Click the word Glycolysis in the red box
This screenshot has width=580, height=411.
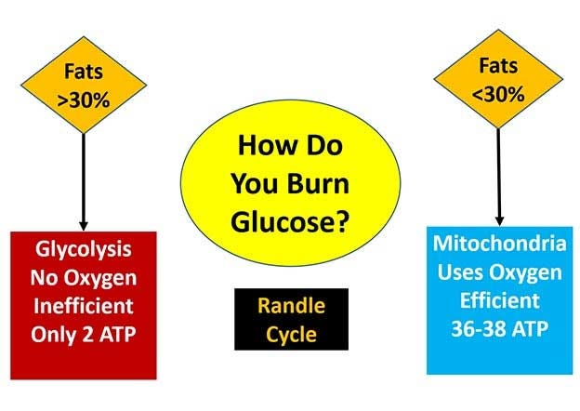pyautogui.click(x=84, y=250)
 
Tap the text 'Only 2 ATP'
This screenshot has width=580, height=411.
pyautogui.click(x=84, y=335)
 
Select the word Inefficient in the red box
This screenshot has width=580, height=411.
pyautogui.click(x=84, y=306)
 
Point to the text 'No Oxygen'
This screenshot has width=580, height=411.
pyautogui.click(x=84, y=278)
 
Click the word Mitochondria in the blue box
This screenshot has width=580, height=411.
pyautogui.click(x=499, y=244)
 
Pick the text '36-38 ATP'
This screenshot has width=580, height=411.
pyautogui.click(x=499, y=328)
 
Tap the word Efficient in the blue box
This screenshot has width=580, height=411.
pyautogui.click(x=499, y=300)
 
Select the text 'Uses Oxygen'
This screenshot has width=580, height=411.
pyautogui.click(x=499, y=273)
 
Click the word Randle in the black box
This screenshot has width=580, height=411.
pyautogui.click(x=291, y=306)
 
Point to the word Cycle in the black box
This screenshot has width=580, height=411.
pyautogui.click(x=291, y=335)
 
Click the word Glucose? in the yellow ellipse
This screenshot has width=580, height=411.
pyautogui.click(x=290, y=221)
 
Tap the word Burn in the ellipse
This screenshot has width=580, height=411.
pyautogui.click(x=319, y=184)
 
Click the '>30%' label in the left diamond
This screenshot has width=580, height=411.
pyautogui.click(x=84, y=99)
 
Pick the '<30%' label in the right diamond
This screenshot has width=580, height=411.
pyautogui.click(x=498, y=94)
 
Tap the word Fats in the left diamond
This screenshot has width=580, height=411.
pyautogui.click(x=84, y=71)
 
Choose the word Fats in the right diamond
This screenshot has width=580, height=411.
pyautogui.click(x=498, y=66)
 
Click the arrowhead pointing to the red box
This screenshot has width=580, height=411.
pyautogui.click(x=84, y=226)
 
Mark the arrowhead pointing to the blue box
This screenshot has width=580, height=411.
pyautogui.click(x=499, y=221)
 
